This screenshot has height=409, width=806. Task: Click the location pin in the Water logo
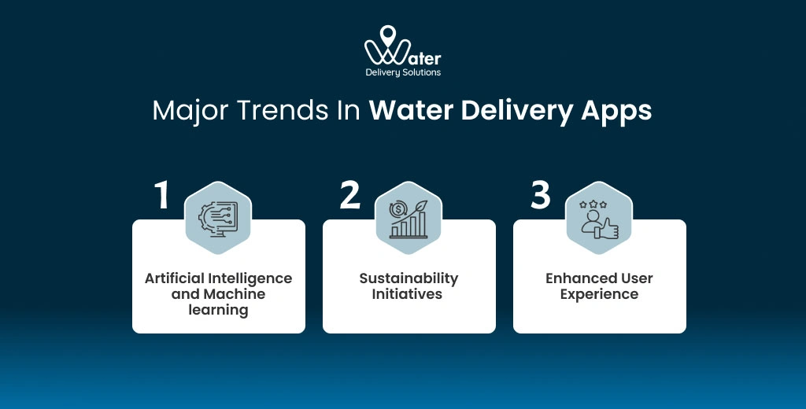(386, 36)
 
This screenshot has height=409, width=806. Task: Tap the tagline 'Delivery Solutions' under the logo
(403, 72)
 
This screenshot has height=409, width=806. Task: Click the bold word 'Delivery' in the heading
(516, 111)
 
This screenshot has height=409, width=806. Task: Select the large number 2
(350, 195)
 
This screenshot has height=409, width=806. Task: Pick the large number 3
(540, 195)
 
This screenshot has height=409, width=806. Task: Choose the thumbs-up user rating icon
(599, 218)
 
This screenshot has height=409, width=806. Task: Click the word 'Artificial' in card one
(173, 278)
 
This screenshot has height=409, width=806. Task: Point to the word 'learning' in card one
(219, 310)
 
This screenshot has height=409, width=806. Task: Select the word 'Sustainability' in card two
(409, 278)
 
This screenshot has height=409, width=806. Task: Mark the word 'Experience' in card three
(599, 294)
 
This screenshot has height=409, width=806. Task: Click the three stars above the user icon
(592, 204)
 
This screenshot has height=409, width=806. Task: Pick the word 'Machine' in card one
(234, 294)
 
